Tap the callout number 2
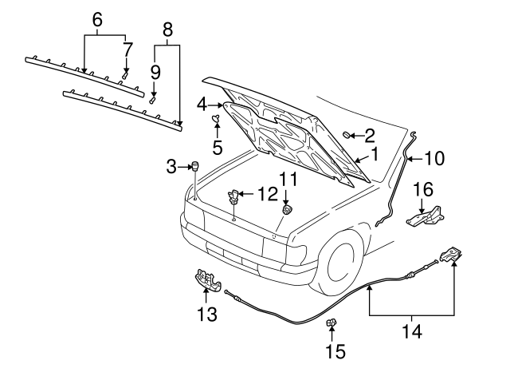tap(370, 134)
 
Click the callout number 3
tap(170, 166)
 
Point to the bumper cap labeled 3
tap(192, 166)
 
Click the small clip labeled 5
tap(215, 121)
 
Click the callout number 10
tap(433, 159)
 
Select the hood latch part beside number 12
tap(236, 194)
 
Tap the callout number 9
tap(155, 73)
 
